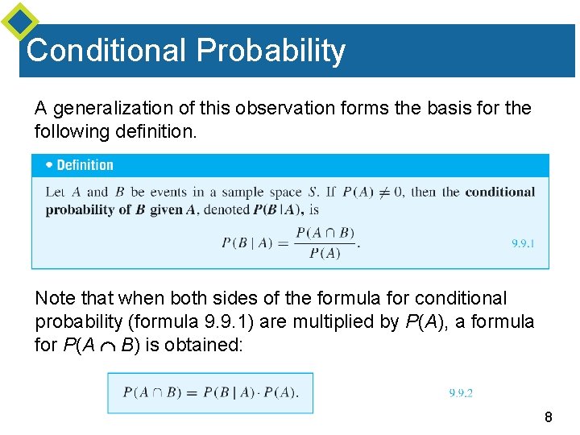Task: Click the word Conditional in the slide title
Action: (106, 51)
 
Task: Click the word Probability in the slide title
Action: (271, 51)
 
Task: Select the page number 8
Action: (549, 417)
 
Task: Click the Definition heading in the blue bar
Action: (85, 165)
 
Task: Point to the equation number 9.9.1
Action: (524, 243)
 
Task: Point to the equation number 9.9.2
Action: (461, 393)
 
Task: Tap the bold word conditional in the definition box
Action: (499, 193)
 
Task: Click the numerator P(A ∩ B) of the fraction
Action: (325, 234)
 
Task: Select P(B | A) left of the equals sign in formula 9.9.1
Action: (247, 243)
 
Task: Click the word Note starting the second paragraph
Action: (56, 299)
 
